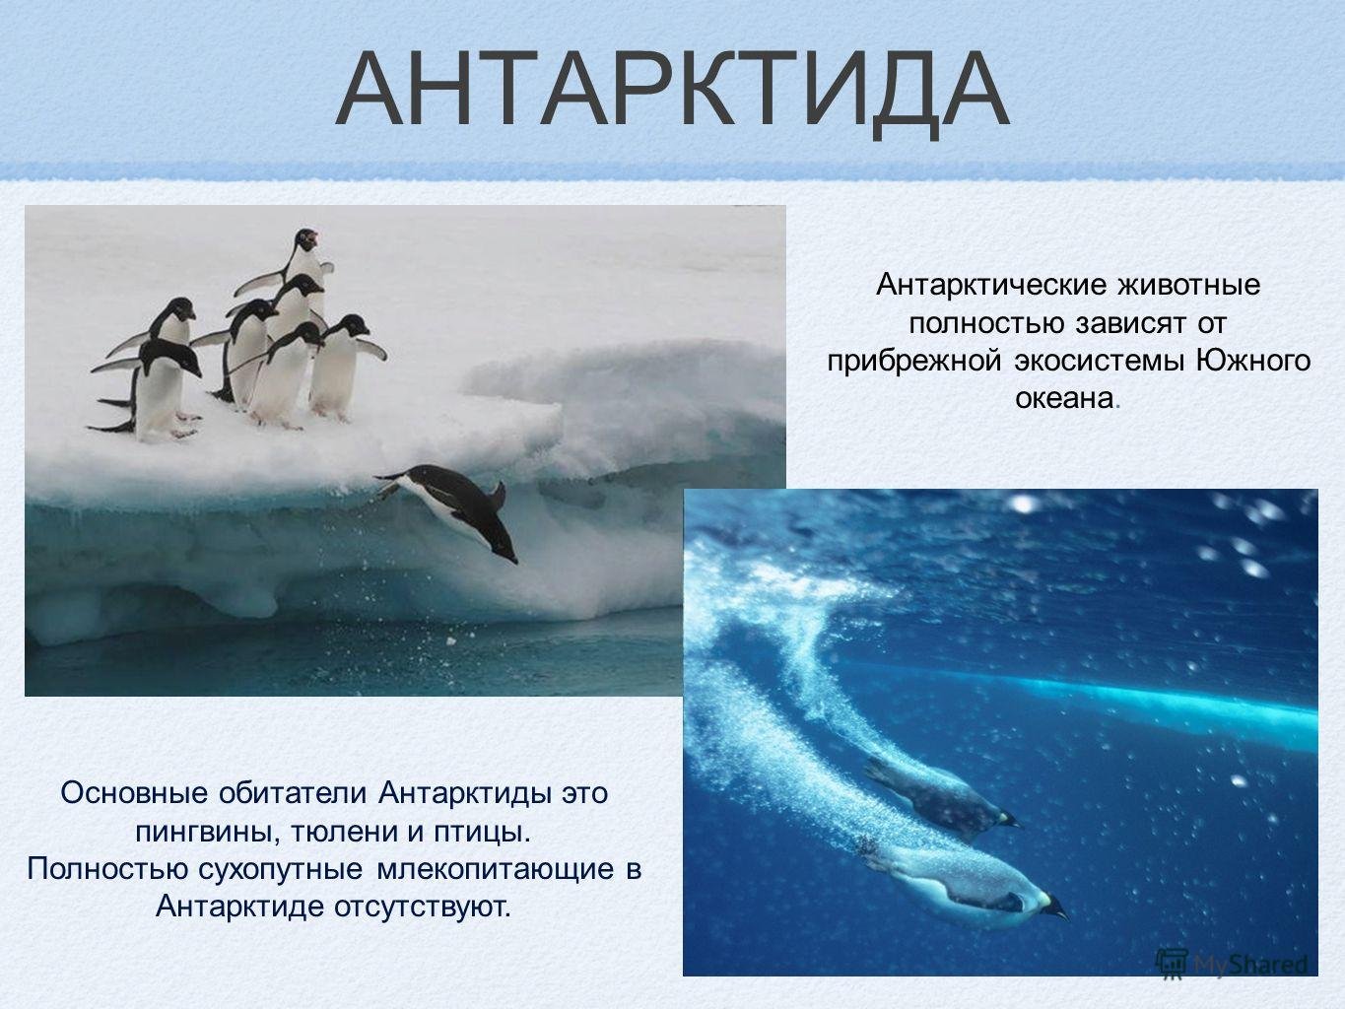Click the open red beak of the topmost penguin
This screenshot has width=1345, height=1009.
(x=312, y=235)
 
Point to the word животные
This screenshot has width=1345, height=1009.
(x=1188, y=286)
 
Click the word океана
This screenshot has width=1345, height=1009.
(x=1064, y=399)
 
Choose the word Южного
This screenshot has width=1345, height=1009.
(x=1252, y=361)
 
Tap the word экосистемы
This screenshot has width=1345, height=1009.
(x=1097, y=361)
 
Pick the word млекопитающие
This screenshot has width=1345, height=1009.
(x=495, y=870)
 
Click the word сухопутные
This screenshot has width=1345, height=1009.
(x=281, y=870)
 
